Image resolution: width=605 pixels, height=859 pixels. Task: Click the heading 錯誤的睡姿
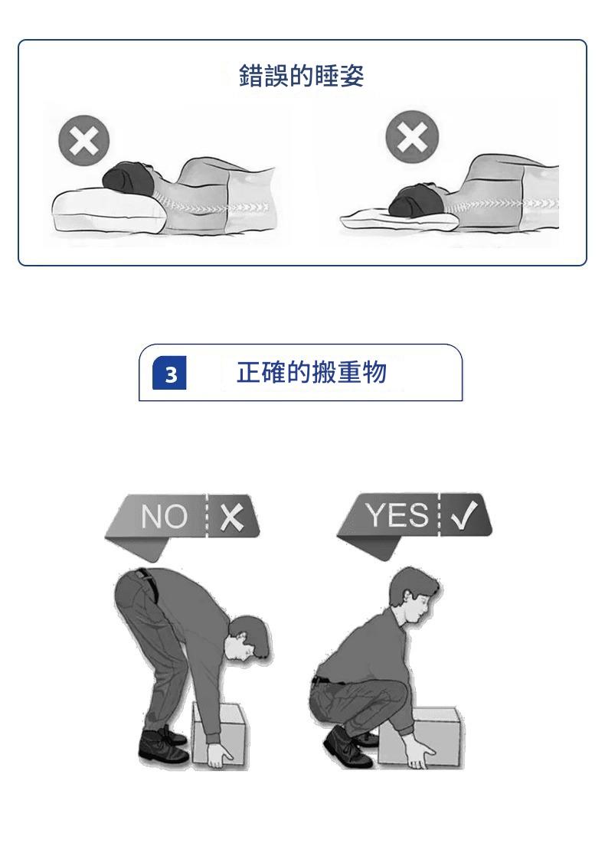[302, 76]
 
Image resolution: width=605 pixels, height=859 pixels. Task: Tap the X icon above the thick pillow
[83, 141]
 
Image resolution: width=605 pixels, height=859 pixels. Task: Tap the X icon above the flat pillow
[412, 136]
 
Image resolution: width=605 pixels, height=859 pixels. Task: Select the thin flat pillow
[399, 220]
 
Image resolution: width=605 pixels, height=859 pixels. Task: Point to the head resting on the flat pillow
[417, 199]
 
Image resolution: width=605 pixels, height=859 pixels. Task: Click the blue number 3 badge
[171, 374]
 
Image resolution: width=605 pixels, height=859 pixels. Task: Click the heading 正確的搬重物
[312, 373]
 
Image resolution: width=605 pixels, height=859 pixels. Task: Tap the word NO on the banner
[165, 516]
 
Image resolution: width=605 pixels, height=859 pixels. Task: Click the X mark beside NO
[232, 516]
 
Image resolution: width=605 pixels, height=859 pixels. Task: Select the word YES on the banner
[397, 515]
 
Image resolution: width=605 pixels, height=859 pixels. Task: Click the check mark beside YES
[463, 515]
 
